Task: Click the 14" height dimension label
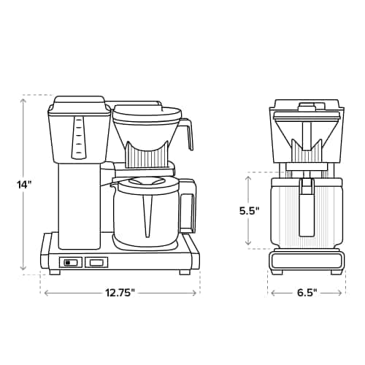pos(25,184)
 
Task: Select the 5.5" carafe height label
pos(250,211)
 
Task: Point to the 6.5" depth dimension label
pos(307,293)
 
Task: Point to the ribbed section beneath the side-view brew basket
pos(147,155)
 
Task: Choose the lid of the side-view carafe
pos(146,184)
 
